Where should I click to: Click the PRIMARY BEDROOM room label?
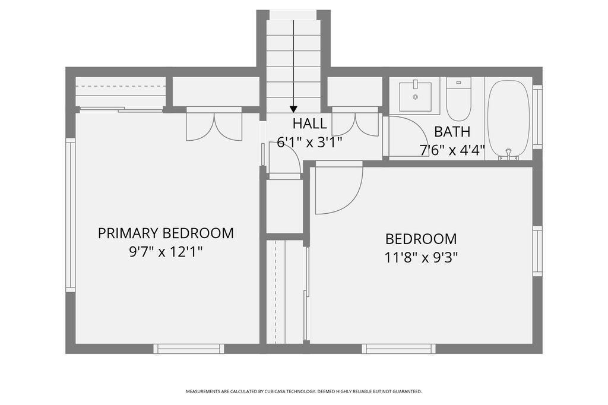pyautogui.click(x=166, y=233)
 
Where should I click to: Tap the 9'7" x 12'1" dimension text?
pyautogui.click(x=166, y=252)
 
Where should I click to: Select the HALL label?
pyautogui.click(x=309, y=124)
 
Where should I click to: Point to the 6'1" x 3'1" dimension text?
pyautogui.click(x=309, y=143)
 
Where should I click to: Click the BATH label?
pyautogui.click(x=452, y=132)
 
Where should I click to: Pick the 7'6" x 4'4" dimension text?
pyautogui.click(x=452, y=150)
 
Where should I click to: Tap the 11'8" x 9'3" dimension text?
pyautogui.click(x=421, y=257)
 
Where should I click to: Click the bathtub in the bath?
pyautogui.click(x=508, y=118)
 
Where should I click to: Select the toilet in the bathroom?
pyautogui.click(x=458, y=99)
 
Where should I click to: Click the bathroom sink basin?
pyautogui.click(x=415, y=96)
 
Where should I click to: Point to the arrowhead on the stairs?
pyautogui.click(x=293, y=109)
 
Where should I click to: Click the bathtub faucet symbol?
pyautogui.click(x=508, y=154)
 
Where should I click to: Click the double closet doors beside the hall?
pyautogui.click(x=355, y=124)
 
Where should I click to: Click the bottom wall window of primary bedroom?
pyautogui.click(x=189, y=349)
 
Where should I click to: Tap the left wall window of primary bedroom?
pyautogui.click(x=70, y=215)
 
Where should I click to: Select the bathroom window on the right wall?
pyautogui.click(x=537, y=117)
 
